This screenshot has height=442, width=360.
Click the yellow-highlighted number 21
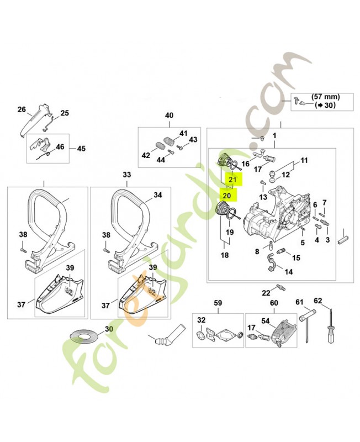pyautogui.click(x=232, y=180)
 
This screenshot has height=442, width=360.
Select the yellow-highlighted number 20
pyautogui.click(x=226, y=195)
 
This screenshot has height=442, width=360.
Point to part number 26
pyautogui.click(x=22, y=109)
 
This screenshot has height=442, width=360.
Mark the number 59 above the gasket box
pyautogui.click(x=218, y=303)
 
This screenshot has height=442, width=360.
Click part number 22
pyautogui.click(x=266, y=293)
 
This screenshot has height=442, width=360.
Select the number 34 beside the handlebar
pyautogui.click(x=157, y=195)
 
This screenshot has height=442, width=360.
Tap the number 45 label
pyautogui.click(x=81, y=149)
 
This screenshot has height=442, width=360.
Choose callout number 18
pyautogui.click(x=225, y=255)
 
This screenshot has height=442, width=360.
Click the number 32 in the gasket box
pyautogui.click(x=202, y=320)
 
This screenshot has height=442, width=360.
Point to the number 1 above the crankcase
pyautogui.click(x=274, y=135)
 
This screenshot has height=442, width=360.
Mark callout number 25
pyautogui.click(x=65, y=113)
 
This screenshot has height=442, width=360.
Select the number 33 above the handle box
pyautogui.click(x=127, y=175)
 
